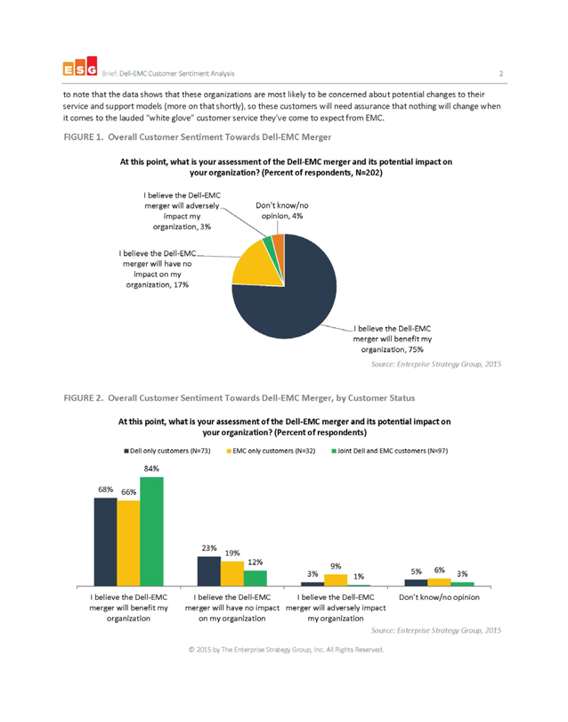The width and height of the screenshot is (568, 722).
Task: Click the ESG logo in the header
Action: click(80, 66)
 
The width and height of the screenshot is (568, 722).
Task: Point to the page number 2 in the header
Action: click(501, 74)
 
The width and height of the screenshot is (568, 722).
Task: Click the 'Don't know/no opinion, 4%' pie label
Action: click(282, 210)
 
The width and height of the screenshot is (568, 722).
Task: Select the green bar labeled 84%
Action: click(151, 531)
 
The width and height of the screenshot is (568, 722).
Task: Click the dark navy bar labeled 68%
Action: click(105, 542)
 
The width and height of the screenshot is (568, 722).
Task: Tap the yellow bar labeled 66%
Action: click(128, 544)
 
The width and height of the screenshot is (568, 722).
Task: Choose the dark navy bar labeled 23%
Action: click(209, 571)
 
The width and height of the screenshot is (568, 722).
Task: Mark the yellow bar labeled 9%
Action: click(336, 580)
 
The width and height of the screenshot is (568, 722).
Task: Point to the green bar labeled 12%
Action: click(256, 578)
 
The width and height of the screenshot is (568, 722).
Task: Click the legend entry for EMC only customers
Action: click(271, 451)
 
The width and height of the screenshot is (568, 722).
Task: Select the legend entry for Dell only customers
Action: click(167, 451)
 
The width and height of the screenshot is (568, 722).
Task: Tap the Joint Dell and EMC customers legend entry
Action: click(390, 451)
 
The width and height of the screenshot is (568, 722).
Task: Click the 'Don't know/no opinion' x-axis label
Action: click(439, 597)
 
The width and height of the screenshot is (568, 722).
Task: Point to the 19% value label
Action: click(232, 553)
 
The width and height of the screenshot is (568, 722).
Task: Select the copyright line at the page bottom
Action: click(286, 650)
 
